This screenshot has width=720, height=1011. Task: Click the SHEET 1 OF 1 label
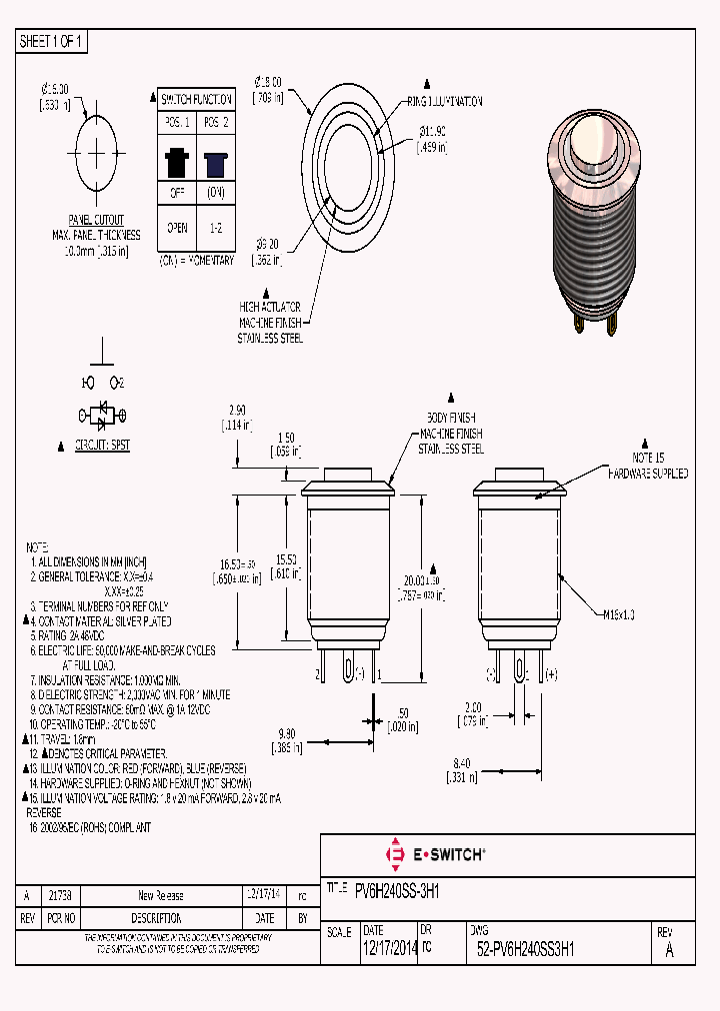coord(51,42)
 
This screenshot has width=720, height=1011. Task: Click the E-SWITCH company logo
coord(436,854)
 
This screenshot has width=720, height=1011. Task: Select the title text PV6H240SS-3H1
coord(398,887)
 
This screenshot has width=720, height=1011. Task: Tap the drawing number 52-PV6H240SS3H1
coord(526,950)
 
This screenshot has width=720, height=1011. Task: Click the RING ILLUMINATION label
coord(444,101)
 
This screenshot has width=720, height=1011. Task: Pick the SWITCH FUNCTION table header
coord(197,99)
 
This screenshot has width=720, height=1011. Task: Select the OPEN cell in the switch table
coord(177,228)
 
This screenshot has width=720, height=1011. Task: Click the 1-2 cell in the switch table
coord(216,228)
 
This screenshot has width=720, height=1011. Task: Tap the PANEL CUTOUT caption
coord(96,220)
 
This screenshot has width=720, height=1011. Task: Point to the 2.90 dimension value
coord(237,411)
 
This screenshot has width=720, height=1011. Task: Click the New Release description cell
coord(160,896)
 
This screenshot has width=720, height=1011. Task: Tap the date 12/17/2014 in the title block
coord(389,950)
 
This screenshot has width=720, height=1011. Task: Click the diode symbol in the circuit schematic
coord(101,413)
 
